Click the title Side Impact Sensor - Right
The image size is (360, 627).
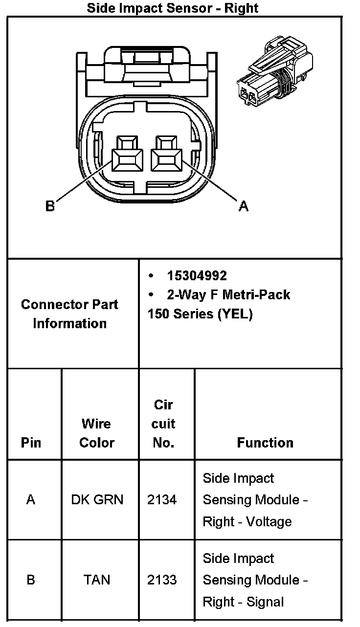point(173,8)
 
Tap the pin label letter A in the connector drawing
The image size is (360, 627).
point(244,207)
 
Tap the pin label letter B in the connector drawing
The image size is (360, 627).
point(50,206)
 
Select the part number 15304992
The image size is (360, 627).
point(197,276)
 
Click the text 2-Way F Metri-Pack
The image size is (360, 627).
point(228,294)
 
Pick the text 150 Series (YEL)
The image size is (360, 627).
point(200,313)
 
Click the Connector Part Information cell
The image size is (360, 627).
point(69,313)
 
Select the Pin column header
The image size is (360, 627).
point(31,443)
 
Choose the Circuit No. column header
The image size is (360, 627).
point(163,424)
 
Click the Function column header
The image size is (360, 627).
point(265,443)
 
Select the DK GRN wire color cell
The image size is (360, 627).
point(97,500)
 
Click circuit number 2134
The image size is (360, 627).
point(162,500)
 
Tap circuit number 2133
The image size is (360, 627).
point(162,580)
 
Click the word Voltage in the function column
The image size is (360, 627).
point(269,521)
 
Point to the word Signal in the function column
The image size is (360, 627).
point(265,602)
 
